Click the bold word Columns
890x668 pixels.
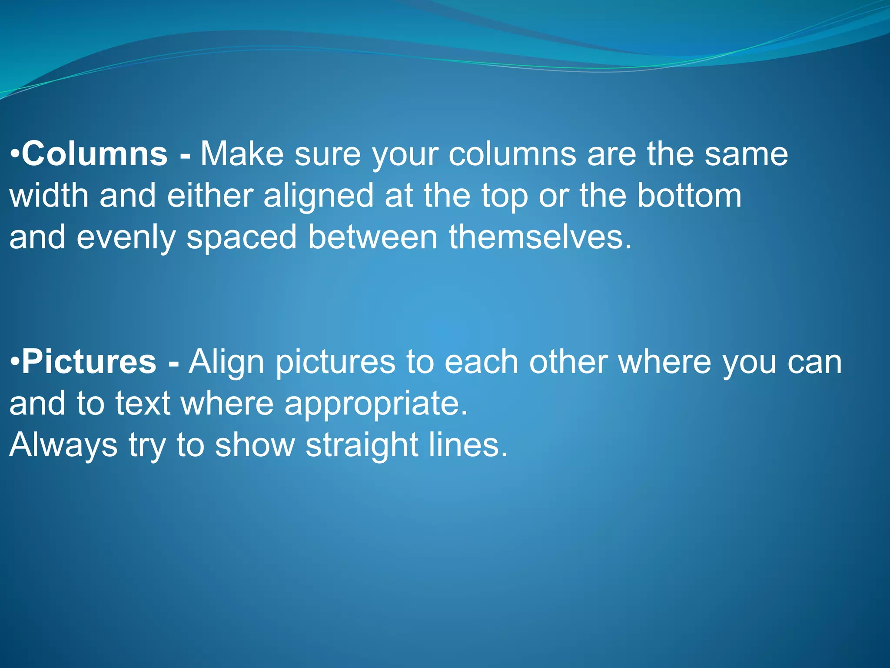tap(95, 154)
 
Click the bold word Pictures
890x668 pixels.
tap(89, 362)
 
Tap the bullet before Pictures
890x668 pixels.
tap(15, 363)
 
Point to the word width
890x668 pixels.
tap(49, 195)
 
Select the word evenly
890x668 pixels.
tap(126, 238)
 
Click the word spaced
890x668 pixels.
tap(242, 238)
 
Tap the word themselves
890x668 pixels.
tap(540, 237)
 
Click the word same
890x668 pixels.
tap(746, 155)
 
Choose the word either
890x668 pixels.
tap(210, 195)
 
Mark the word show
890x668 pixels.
tap(255, 445)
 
